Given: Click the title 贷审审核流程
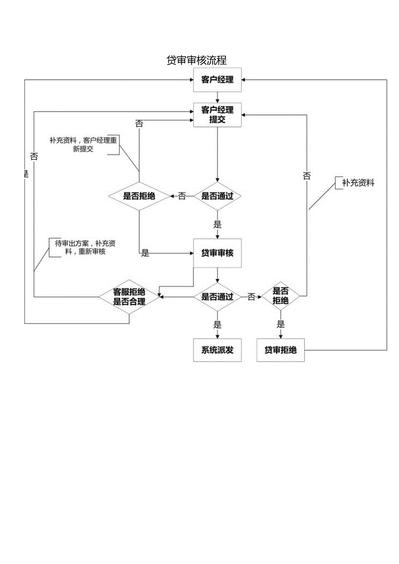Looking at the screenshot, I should coord(196,60).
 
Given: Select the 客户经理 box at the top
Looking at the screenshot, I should coord(217,80).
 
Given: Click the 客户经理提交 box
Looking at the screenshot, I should coord(217,115).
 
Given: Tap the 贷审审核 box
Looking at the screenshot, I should coord(217,253).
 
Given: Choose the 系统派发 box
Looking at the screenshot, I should coord(217,350).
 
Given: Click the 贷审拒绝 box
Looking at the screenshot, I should coord(281,350).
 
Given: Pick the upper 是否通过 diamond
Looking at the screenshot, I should coord(217,196).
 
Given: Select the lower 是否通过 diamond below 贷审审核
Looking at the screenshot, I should coord(217,297).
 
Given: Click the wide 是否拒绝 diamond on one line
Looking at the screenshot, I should coord(139,196).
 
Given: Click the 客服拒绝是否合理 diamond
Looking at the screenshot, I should coord(129,297).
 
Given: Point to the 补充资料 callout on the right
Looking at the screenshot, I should coord(358,183).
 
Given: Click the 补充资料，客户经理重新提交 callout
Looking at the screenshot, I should coord(83,145).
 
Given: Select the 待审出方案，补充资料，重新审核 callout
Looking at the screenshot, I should coord(85,248).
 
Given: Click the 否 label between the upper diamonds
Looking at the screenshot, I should coord(182,196).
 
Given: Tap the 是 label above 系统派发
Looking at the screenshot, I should coord(217,324).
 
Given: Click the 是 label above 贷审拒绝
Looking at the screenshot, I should coord(281,324).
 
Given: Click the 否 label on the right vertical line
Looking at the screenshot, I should coord(307,176).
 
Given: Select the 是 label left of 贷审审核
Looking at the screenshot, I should coord(145,253).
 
